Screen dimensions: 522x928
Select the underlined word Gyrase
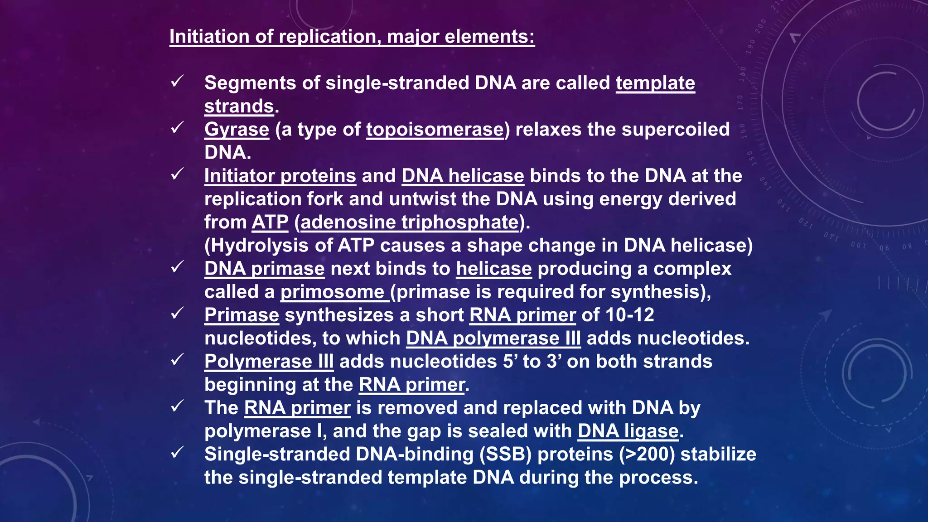(x=237, y=130)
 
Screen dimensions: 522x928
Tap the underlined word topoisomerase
(x=435, y=130)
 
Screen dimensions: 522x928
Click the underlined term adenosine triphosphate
(x=409, y=222)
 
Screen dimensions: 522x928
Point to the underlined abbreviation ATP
(x=270, y=222)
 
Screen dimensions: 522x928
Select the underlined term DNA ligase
(x=628, y=431)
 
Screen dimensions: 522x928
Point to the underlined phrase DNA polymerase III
(x=493, y=338)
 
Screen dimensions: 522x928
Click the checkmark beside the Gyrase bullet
(x=177, y=128)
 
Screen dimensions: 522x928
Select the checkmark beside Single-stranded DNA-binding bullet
(x=177, y=452)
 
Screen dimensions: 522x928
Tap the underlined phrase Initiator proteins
(x=280, y=176)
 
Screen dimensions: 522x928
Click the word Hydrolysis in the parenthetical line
(x=256, y=246)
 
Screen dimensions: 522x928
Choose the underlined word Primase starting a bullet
(x=242, y=315)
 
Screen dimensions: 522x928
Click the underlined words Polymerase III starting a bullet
(x=269, y=362)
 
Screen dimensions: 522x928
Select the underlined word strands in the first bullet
(x=239, y=106)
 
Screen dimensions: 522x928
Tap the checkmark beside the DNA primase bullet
(x=177, y=267)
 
